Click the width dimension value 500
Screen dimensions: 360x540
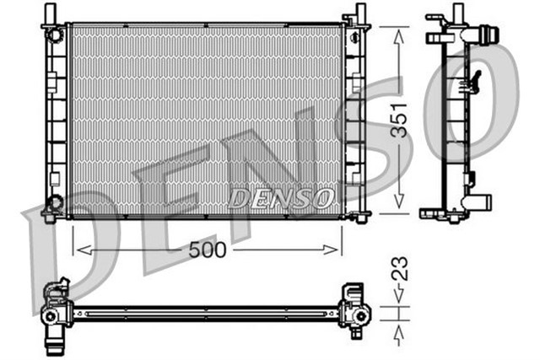pos(207,250)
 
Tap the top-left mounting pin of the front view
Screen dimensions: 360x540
pos(51,12)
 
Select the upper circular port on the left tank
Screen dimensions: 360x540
pos(55,35)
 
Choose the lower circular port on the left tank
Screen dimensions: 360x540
pos(55,202)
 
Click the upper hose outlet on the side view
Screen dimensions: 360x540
pos(486,37)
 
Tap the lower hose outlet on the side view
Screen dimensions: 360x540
pos(483,202)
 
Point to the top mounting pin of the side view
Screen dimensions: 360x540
pos(458,12)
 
